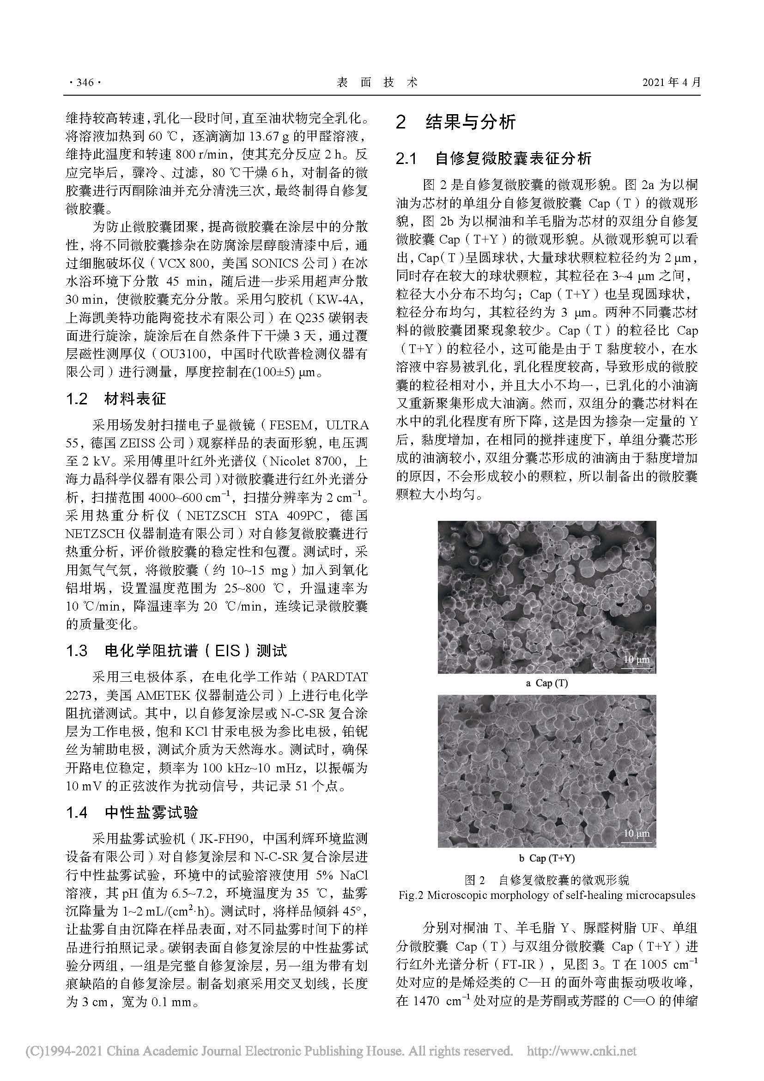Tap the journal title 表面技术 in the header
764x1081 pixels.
tap(377, 82)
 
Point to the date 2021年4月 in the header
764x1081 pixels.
tap(671, 82)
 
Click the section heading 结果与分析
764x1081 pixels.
tap(470, 122)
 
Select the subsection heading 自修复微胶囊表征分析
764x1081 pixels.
tap(513, 159)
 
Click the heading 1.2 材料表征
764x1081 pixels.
tap(116, 399)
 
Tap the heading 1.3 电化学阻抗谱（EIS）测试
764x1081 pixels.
tap(176, 651)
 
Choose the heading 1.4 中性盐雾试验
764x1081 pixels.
tap(132, 812)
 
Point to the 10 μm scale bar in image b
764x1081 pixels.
tap(636, 834)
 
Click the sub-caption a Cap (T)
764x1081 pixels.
tap(546, 683)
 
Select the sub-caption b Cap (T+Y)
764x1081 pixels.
tap(546, 858)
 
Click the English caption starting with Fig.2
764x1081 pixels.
tap(546, 895)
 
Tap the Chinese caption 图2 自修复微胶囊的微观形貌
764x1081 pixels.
tap(546, 879)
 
